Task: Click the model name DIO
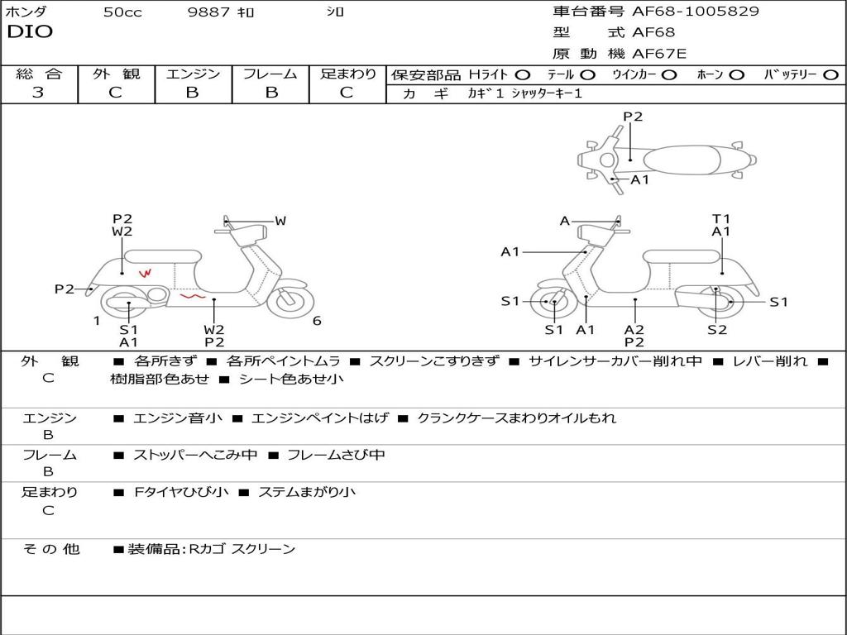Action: point(30,32)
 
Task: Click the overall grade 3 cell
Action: point(38,93)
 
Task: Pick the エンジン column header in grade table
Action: point(193,74)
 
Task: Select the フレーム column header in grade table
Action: point(270,74)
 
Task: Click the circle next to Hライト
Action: point(523,75)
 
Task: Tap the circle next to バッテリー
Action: point(830,75)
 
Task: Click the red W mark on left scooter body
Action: point(146,273)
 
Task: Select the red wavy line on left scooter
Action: point(194,294)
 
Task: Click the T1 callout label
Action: point(721,219)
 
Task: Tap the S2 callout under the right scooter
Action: point(716,330)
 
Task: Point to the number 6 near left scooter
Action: point(317,321)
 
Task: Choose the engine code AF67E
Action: point(659,54)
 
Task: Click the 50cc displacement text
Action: point(122,12)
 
